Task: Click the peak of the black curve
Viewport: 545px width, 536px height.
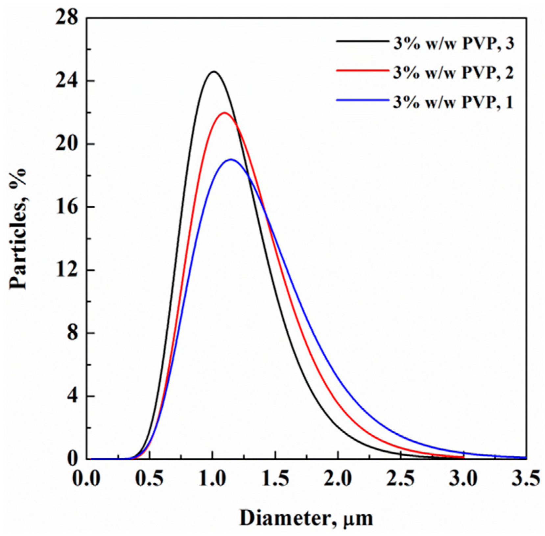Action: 214,71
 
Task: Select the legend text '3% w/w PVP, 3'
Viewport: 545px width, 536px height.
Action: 453,44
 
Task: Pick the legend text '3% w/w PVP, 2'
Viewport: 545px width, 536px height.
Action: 453,73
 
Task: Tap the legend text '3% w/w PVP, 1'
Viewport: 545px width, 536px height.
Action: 453,102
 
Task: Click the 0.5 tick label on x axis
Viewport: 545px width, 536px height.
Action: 150,479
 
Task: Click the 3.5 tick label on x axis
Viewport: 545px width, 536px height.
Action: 525,479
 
